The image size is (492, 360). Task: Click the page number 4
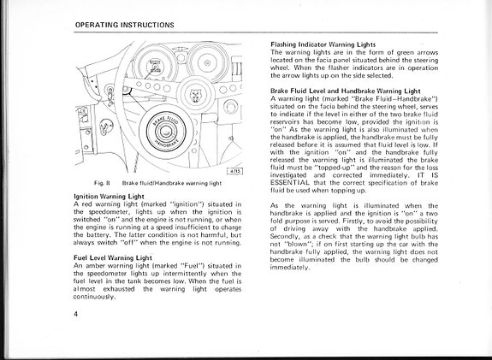[x=76, y=314]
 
